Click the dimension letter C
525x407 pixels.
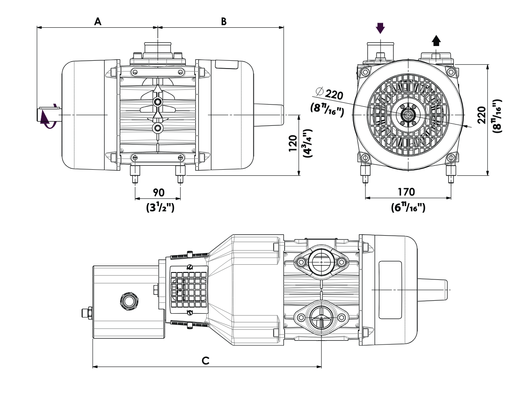point(206,361)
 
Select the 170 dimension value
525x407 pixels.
point(406,192)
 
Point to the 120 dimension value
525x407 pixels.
point(293,143)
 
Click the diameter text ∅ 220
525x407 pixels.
point(329,94)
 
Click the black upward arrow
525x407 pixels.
point(436,40)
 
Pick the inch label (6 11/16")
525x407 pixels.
point(408,207)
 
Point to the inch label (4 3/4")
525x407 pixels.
point(307,143)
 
